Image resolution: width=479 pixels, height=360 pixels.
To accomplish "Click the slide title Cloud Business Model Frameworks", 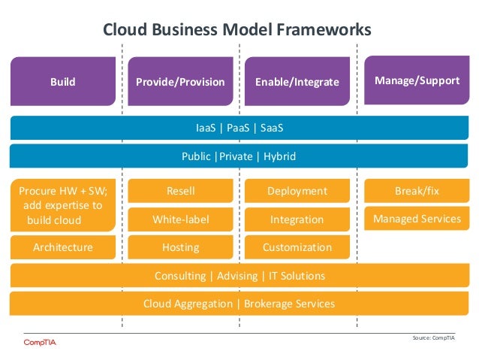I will pos(236,30).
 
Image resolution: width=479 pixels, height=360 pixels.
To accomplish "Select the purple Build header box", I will pos(63,81).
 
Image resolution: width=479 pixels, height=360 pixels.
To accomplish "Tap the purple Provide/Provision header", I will pos(180,81).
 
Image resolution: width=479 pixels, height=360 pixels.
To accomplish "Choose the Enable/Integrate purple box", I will pos(297,81).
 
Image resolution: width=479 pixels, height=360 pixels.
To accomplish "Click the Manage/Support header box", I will pos(417,79).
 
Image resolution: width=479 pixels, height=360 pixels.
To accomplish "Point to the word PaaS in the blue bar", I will pos(239,129).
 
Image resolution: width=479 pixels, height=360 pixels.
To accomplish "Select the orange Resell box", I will pos(180,192).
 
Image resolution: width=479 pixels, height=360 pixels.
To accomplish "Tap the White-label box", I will pos(180,219).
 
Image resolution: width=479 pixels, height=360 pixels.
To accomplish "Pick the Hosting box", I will pos(180,247).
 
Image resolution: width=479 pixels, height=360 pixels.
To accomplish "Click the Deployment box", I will pos(297,192).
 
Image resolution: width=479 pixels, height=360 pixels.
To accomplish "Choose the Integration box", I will pos(297,219).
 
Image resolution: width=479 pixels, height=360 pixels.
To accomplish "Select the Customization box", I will pos(297,247).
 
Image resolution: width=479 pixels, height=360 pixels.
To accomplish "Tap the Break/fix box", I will pos(417,192).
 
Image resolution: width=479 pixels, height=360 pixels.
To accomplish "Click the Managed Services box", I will pos(417,219).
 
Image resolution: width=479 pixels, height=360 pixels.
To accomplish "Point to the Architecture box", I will pos(63,247).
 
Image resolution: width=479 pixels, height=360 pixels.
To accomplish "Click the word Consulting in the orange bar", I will pos(180,276).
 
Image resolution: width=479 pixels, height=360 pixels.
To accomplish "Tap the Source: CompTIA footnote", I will pos(433,338).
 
